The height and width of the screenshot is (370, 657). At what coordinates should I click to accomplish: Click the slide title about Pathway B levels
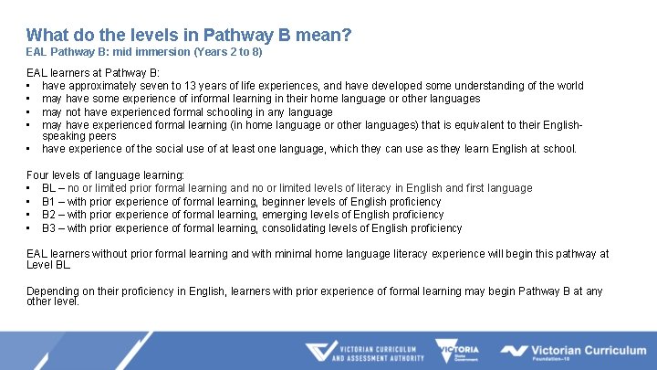[x=189, y=35]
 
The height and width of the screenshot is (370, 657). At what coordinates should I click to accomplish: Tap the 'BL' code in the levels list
[x=49, y=188]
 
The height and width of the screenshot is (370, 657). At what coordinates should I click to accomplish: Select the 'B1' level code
[x=49, y=202]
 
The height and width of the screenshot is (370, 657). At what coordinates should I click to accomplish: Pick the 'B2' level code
[x=49, y=215]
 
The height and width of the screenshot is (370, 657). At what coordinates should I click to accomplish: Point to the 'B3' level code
[x=49, y=228]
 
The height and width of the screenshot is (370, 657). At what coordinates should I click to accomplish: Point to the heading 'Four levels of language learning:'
[x=106, y=174]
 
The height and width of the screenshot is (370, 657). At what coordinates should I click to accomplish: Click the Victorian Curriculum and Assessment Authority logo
[x=364, y=353]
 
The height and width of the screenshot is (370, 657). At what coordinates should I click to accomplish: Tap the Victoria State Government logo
[x=455, y=353]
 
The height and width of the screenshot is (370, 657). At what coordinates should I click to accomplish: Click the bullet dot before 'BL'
[x=30, y=188]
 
